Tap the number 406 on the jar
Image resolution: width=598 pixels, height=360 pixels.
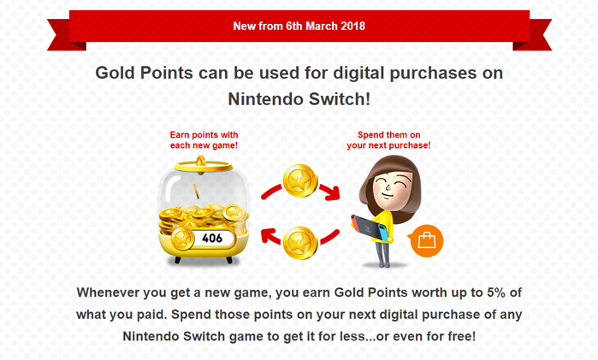213,238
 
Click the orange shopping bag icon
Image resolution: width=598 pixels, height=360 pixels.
426,240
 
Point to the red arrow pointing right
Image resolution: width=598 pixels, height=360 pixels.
327,182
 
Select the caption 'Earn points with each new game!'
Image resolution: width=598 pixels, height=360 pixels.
204,140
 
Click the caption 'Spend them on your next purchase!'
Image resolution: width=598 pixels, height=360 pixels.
388,140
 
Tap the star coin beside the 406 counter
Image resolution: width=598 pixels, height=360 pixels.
182,238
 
